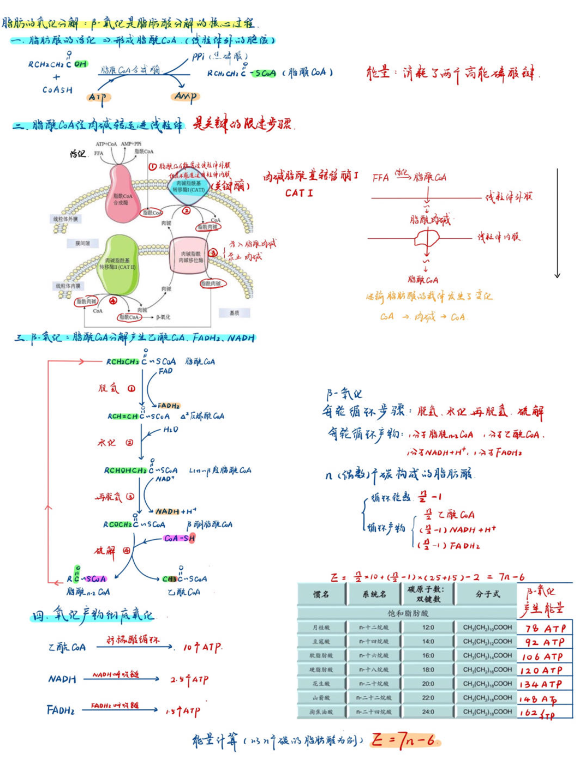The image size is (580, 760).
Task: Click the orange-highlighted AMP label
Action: (x=186, y=96)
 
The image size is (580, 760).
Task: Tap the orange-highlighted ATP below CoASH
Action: (x=98, y=98)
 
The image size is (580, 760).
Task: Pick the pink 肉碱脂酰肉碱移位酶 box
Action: (x=190, y=257)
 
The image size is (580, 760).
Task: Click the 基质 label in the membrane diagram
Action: (x=234, y=312)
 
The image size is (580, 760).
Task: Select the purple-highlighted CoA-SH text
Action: (x=179, y=538)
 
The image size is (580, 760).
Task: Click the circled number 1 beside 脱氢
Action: (x=131, y=389)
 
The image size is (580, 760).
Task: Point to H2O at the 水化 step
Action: (x=170, y=430)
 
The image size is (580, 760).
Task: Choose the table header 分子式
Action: (x=487, y=594)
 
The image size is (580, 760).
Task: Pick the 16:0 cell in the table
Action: (x=428, y=655)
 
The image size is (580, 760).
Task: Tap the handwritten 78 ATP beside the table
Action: (x=545, y=628)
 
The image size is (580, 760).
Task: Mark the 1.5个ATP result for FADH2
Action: (x=183, y=711)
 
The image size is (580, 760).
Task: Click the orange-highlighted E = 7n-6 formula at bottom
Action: (x=404, y=740)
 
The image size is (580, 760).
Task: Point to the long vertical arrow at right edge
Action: (x=557, y=224)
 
